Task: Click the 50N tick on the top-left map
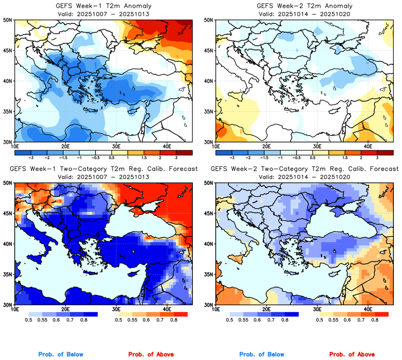(x=9, y=20)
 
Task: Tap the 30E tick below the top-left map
(x=116, y=146)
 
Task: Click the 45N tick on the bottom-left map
(x=9, y=214)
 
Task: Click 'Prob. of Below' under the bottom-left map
(x=61, y=355)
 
